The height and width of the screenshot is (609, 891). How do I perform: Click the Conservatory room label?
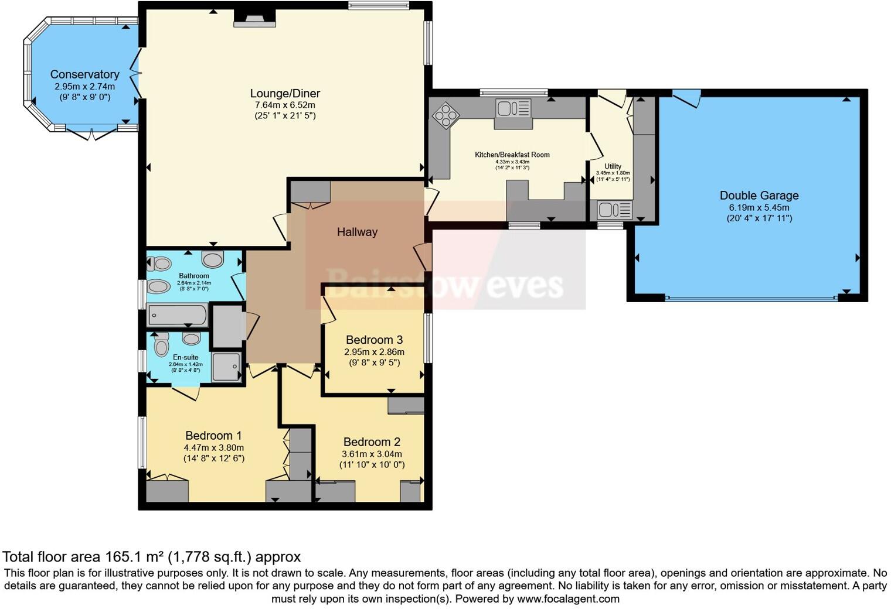point(84,74)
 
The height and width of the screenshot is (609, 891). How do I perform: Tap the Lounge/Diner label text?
point(285,93)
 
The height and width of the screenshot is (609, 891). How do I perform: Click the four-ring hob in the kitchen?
point(445,115)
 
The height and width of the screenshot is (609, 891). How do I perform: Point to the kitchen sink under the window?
point(513,109)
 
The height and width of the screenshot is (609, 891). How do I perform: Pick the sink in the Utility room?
point(614,209)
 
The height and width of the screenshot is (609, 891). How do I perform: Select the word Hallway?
point(357,232)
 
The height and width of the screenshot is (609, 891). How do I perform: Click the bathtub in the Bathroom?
point(178,316)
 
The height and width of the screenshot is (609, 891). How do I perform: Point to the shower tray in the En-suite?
point(226,367)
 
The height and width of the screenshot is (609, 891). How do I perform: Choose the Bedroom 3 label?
point(374,340)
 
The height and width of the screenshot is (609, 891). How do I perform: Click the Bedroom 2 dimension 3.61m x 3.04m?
point(372,454)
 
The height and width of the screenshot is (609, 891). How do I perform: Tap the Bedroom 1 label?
point(213,436)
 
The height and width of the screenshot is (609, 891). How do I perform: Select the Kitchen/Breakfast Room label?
point(512,155)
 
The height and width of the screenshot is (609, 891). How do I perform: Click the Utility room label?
point(613,166)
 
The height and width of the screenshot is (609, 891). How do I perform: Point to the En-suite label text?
point(185,357)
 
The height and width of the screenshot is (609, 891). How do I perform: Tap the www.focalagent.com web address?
point(568,599)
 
